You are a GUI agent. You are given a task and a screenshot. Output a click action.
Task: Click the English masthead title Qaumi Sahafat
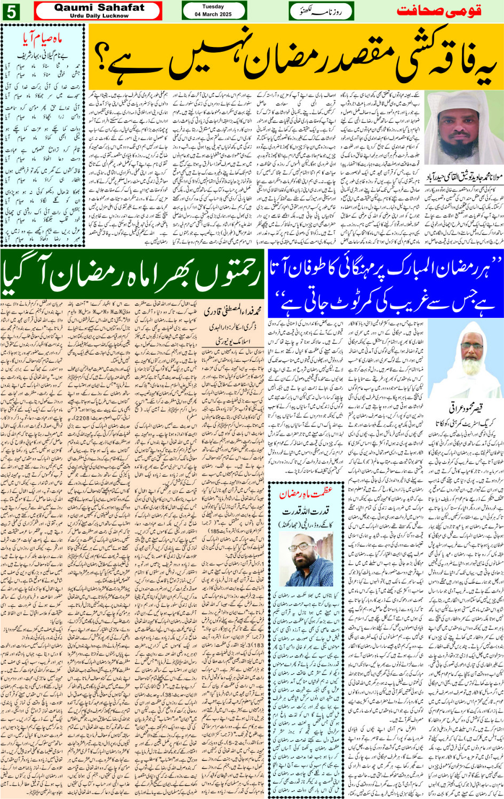pos(99,7)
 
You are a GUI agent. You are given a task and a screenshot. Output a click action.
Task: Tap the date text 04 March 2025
pos(213,14)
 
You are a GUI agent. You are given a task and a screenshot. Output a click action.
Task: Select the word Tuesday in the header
pos(213,7)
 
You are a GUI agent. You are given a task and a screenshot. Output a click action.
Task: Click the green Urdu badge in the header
pos(321,11)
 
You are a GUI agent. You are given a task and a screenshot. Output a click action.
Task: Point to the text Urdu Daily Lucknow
pos(99,16)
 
